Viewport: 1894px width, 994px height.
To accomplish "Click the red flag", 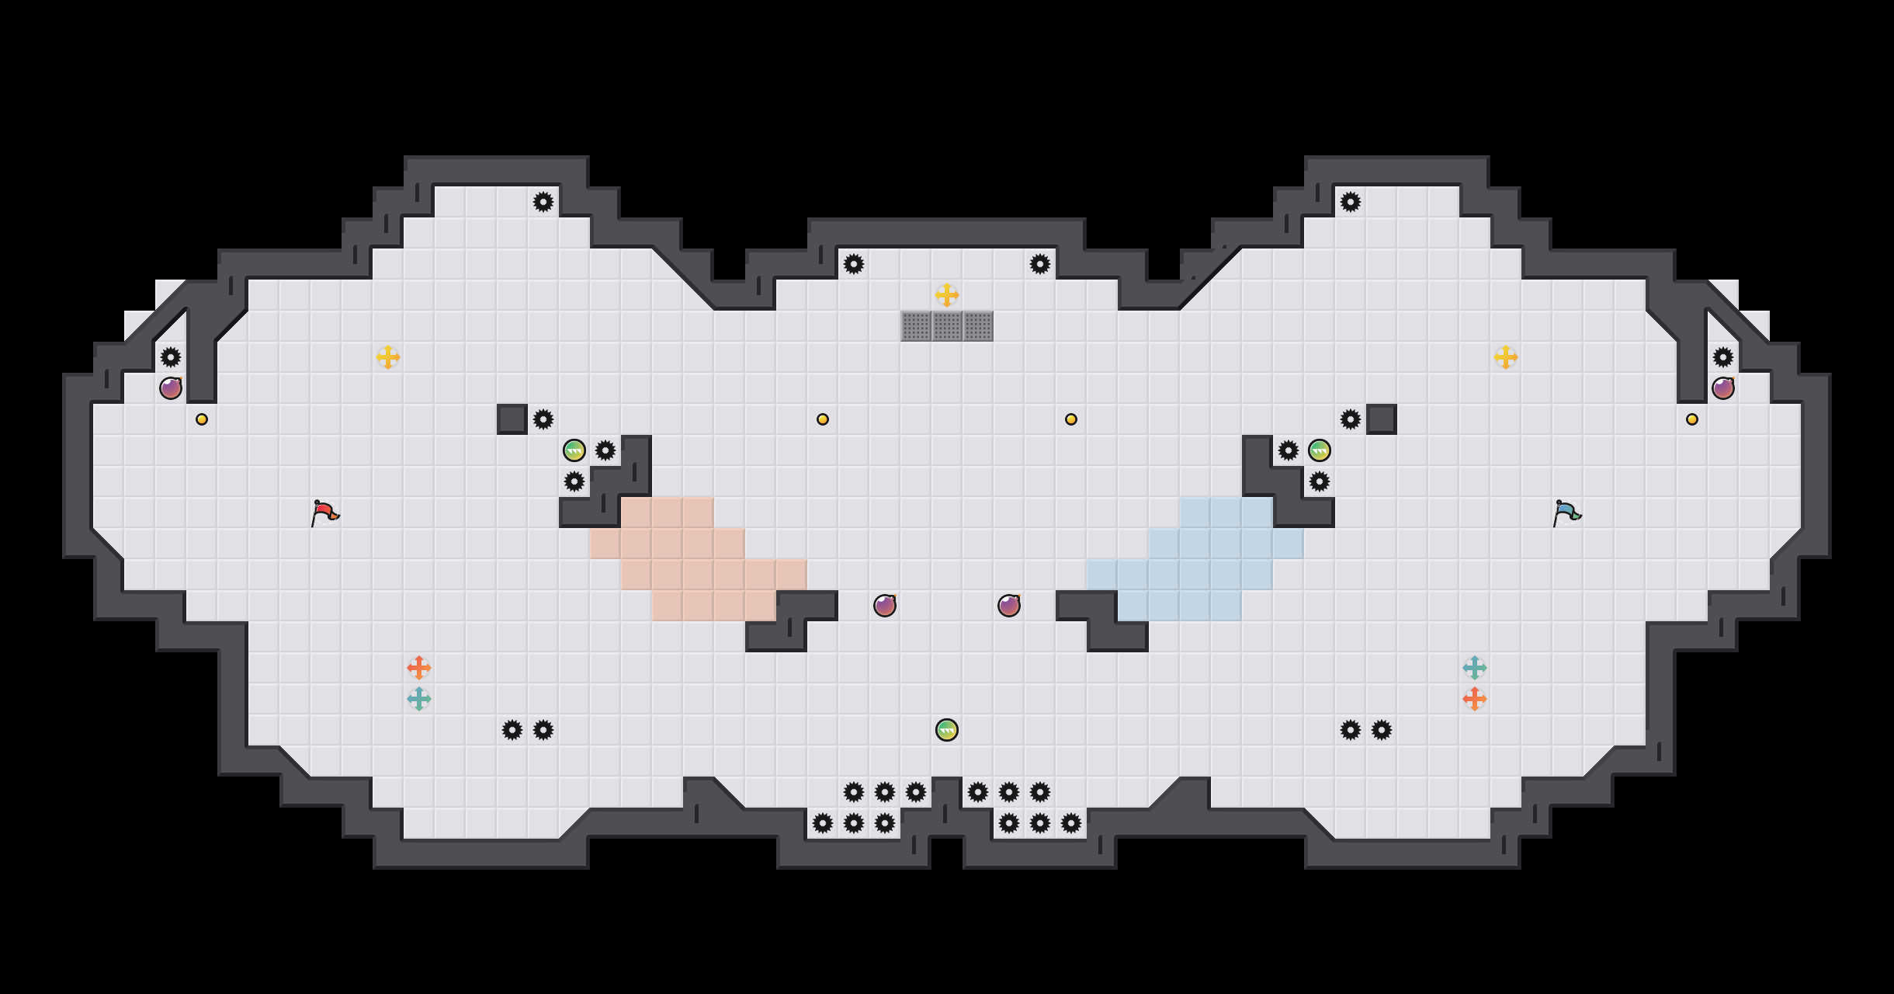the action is point(324,513).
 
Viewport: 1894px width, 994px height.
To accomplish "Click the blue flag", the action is point(1566,513).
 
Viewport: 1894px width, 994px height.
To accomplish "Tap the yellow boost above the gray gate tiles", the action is point(947,295).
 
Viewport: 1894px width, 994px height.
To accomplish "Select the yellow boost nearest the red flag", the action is point(388,357).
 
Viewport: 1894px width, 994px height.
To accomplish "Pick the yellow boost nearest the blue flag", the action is point(1506,357).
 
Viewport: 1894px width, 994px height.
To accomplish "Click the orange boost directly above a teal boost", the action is point(419,668).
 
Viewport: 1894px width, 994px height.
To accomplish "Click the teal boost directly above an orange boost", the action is point(1475,668).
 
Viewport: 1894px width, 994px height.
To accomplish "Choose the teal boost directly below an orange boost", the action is point(419,699).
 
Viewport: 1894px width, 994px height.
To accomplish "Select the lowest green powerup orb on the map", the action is point(947,730).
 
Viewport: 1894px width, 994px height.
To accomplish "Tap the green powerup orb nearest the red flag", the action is point(574,450).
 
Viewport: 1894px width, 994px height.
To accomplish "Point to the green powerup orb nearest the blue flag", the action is point(1320,450).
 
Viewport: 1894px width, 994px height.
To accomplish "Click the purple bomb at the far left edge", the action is point(171,388).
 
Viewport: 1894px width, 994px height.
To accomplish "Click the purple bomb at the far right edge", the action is point(1723,388).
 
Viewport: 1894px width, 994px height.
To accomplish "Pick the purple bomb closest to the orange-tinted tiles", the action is point(885,606).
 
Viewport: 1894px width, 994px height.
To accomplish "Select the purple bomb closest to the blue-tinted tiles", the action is point(1009,606).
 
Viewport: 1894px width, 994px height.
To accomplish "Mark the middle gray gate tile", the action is point(947,326).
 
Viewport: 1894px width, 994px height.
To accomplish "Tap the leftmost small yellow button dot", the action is point(202,419).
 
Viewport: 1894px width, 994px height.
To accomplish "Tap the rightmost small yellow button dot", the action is point(1692,419).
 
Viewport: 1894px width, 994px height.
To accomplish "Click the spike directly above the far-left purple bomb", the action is point(171,357).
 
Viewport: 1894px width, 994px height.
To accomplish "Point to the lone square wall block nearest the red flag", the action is point(512,419).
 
